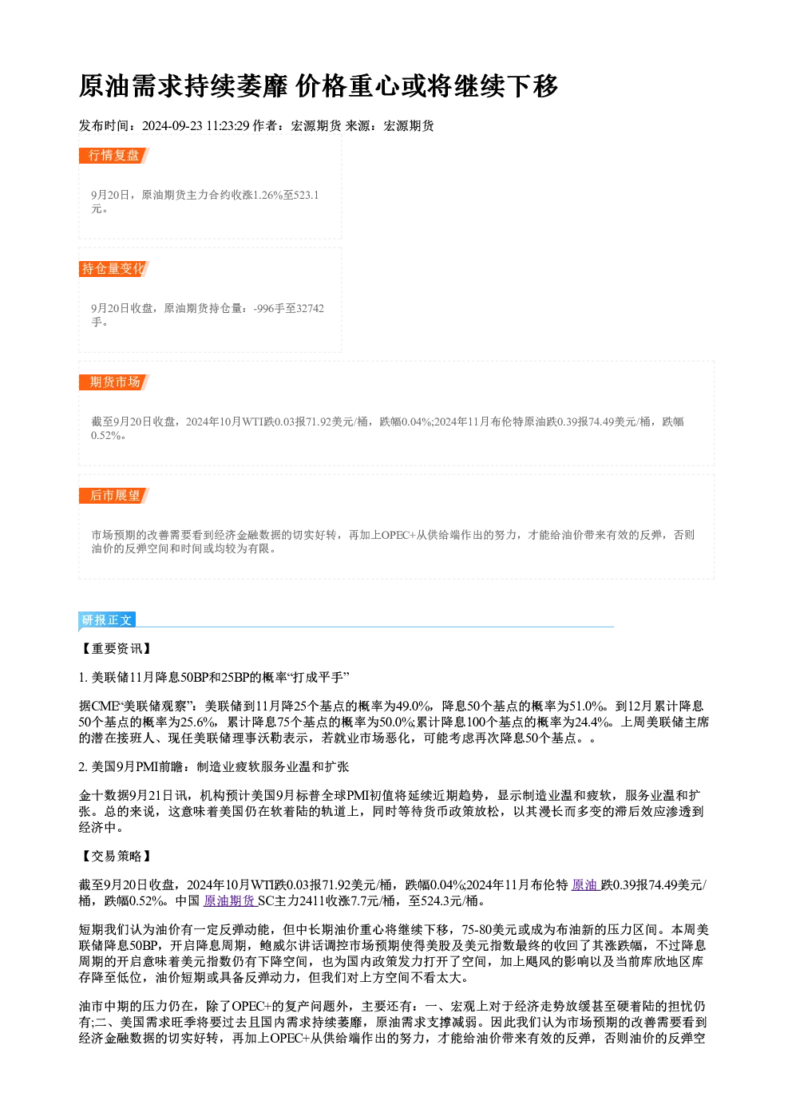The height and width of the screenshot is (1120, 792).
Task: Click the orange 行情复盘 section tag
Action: [114, 156]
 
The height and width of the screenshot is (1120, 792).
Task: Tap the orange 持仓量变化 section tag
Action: [114, 269]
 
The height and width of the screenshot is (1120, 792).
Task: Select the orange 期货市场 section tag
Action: [114, 382]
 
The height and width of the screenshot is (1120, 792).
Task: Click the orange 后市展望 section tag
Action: [114, 496]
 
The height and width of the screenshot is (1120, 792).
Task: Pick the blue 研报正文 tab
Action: [107, 620]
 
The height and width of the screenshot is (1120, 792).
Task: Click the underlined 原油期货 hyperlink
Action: [230, 901]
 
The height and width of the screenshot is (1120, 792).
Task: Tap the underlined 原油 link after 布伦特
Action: [585, 885]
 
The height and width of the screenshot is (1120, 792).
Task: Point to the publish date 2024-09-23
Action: [172, 126]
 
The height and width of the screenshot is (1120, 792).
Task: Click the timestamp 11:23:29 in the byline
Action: [228, 126]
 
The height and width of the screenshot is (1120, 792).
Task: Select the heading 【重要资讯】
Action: [116, 649]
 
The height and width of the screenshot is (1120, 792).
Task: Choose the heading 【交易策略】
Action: [116, 857]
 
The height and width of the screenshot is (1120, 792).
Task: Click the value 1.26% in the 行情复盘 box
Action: [267, 195]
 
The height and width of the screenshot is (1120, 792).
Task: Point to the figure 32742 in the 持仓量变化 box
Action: [310, 308]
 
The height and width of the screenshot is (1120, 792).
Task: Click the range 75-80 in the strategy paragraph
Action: [477, 929]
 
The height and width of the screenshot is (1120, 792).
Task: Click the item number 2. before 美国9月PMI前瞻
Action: [84, 767]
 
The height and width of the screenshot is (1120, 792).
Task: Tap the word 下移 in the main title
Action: [532, 86]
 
